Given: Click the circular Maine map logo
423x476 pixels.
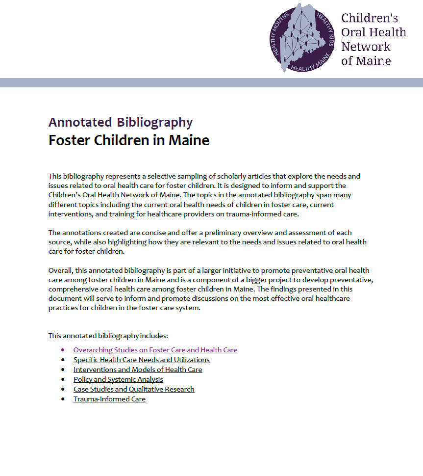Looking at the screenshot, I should tap(302, 38).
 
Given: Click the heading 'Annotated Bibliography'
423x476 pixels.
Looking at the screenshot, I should tap(121, 122).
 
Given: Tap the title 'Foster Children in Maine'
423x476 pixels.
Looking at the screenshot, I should tap(129, 140).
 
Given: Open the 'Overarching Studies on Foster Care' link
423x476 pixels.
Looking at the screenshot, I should tap(155, 350).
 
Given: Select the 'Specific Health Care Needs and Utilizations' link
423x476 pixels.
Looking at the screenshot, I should tap(141, 360).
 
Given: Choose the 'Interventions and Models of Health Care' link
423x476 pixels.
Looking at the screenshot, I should tap(138, 370).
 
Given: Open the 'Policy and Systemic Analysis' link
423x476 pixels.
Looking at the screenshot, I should tap(118, 379).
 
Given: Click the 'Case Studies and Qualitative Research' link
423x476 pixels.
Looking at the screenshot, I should tap(134, 389).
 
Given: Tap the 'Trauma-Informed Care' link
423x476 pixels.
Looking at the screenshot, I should tap(109, 399).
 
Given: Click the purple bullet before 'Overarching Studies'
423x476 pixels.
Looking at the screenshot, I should tap(63, 350).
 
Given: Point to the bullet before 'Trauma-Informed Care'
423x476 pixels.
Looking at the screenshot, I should tap(63, 399).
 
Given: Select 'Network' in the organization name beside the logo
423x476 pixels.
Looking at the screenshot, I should tap(366, 47).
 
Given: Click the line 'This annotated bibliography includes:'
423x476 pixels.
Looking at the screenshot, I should tap(108, 336).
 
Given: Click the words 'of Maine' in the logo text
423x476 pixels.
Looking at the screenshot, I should tap(366, 61).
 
